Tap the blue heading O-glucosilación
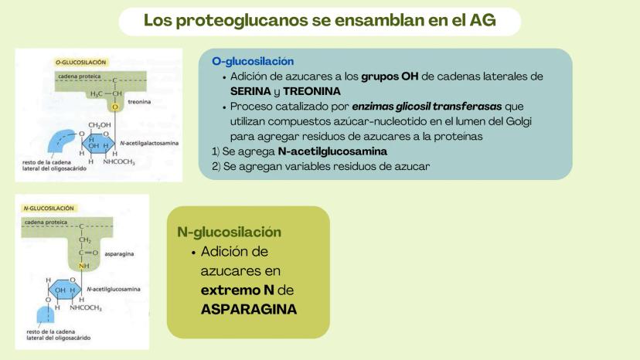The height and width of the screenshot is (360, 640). coord(253,61)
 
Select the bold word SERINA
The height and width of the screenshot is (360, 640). coord(250,91)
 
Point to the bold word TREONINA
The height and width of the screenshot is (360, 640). coord(311,91)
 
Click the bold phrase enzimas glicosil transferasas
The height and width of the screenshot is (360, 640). coord(427,107)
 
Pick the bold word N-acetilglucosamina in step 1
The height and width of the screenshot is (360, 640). coord(332,151)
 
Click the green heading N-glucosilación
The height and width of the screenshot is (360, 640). coord(229,232)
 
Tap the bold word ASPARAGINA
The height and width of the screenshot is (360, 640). coord(249,309)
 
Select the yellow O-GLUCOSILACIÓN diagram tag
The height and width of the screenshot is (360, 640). coord(81,63)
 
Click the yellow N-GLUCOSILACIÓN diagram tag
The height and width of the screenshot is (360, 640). coord(49,208)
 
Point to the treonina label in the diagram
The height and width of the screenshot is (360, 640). coord(139,102)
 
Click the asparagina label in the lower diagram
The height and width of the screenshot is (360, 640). coord(119,254)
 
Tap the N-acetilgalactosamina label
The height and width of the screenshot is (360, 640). coord(149,143)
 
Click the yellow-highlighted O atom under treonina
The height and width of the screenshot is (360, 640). coord(115,107)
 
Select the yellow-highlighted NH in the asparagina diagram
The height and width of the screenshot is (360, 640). coord(84,266)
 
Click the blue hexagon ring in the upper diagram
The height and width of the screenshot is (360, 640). coord(98,143)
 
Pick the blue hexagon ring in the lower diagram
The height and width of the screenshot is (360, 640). coord(65,289)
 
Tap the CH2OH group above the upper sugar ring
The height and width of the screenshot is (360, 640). coord(99,125)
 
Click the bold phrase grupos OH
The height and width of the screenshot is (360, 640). coord(390,76)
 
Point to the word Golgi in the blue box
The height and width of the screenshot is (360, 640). coord(519,121)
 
